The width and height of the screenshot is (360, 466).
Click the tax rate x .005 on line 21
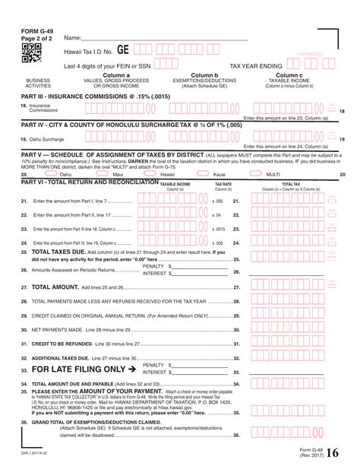[217, 201]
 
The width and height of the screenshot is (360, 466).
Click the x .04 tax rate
[217, 215]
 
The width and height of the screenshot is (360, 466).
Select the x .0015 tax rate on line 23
[217, 229]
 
